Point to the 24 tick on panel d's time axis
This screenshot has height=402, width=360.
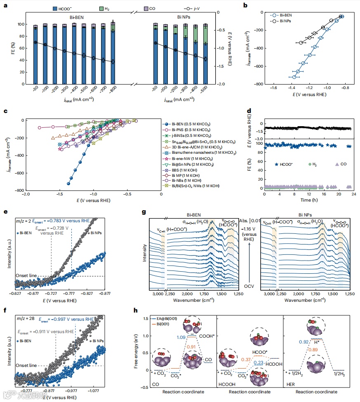coord(354,193)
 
